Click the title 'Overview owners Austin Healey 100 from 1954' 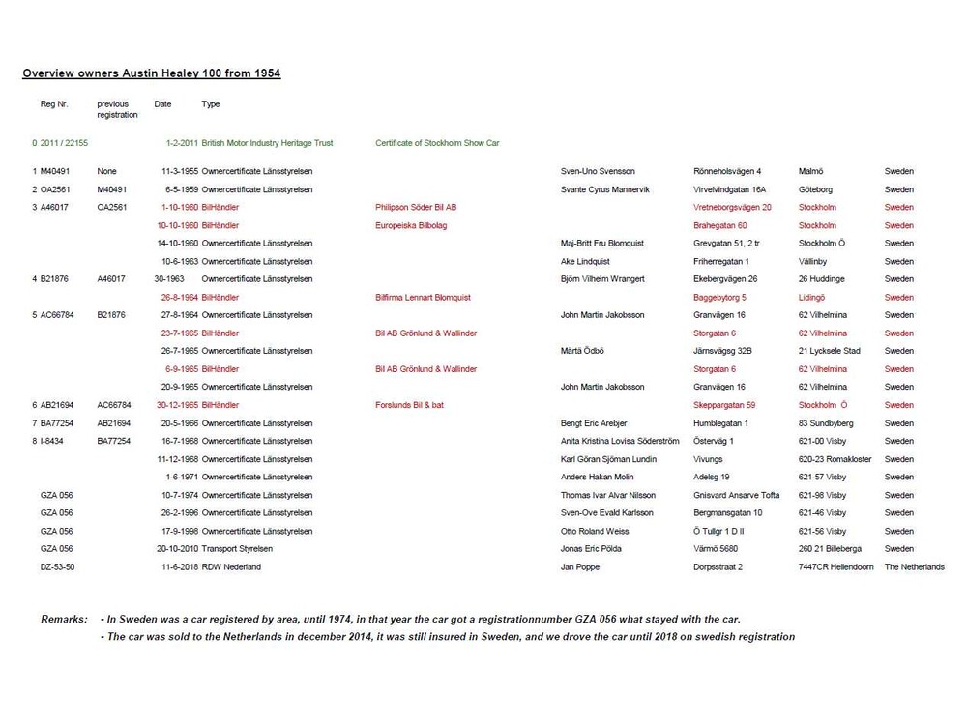click(x=152, y=72)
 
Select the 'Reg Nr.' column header click(x=54, y=103)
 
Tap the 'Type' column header click(x=211, y=103)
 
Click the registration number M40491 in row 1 click(x=57, y=171)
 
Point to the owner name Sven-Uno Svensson click(x=598, y=171)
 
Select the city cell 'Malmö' click(x=811, y=171)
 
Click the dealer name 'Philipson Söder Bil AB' click(x=416, y=207)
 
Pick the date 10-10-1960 click(x=179, y=225)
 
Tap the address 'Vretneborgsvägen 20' click(x=732, y=207)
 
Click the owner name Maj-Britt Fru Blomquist click(x=601, y=243)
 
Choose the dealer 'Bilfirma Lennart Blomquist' click(x=423, y=297)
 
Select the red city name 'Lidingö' click(x=812, y=297)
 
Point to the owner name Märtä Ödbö click(x=583, y=351)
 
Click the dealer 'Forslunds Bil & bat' click(x=410, y=405)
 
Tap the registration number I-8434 click(x=53, y=441)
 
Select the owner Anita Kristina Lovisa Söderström click(x=620, y=441)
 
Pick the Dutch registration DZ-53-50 click(x=57, y=566)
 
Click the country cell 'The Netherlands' click(x=914, y=566)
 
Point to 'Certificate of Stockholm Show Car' click(x=437, y=143)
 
